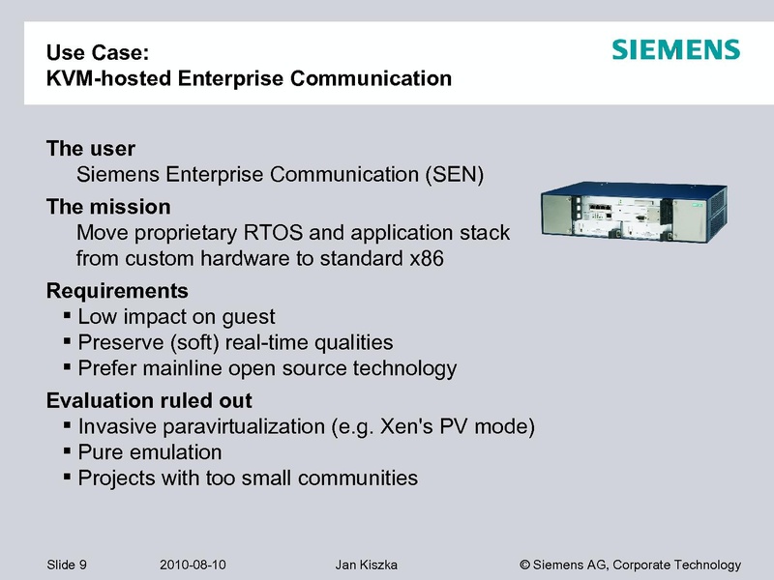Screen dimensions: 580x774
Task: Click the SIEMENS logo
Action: click(675, 50)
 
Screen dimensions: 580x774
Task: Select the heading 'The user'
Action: click(91, 150)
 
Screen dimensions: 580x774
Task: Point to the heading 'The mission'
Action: click(108, 207)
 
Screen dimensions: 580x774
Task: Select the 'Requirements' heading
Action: click(117, 291)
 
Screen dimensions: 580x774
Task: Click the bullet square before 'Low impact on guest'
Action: click(66, 316)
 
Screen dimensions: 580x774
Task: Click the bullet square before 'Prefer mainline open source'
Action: click(66, 367)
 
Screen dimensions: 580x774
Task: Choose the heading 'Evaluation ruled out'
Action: click(149, 400)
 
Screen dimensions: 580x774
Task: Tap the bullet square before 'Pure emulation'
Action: click(66, 451)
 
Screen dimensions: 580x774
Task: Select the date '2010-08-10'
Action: click(191, 565)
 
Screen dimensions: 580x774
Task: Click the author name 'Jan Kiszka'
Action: click(366, 565)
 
